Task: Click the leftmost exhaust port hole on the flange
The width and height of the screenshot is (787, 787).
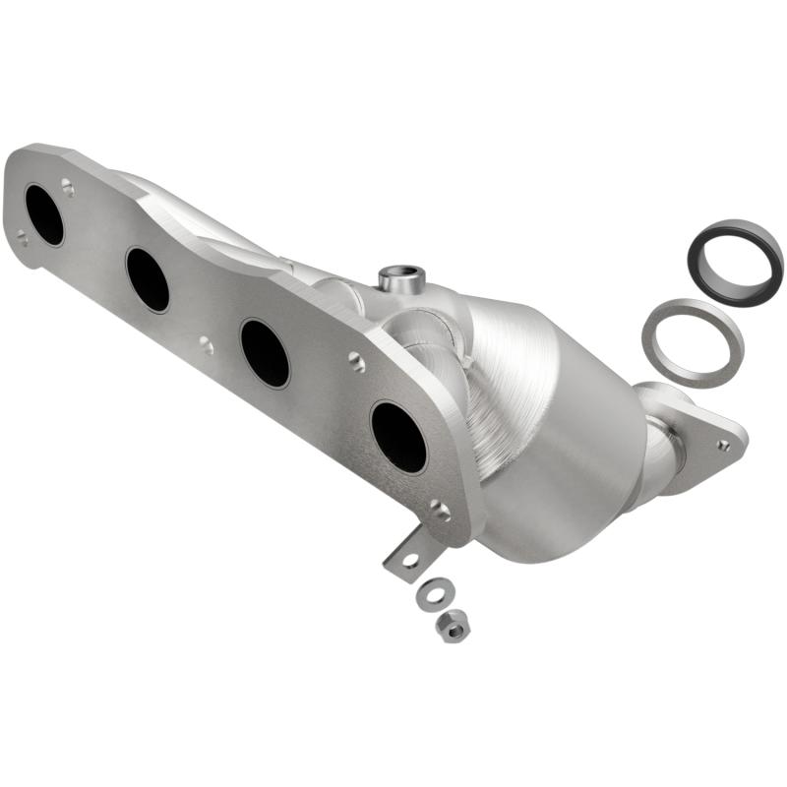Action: tap(44, 214)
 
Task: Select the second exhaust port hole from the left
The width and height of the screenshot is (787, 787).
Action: tap(148, 279)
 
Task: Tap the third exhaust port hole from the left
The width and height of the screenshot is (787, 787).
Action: tap(265, 352)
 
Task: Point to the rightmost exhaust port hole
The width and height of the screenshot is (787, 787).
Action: tap(398, 436)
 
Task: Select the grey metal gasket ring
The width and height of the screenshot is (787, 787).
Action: tap(692, 341)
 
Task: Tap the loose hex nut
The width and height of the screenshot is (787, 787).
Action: tap(452, 625)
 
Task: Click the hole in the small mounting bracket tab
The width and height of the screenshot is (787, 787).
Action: tap(408, 560)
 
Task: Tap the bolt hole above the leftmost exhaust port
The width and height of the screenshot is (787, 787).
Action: tap(67, 184)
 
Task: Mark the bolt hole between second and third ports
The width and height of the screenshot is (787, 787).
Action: tap(205, 344)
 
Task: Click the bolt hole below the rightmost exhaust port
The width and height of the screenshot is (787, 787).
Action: tap(439, 511)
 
